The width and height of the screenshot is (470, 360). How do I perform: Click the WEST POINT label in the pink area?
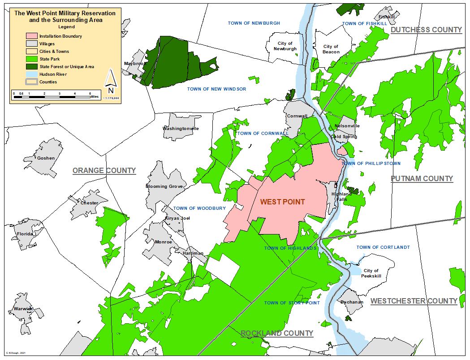click(x=282, y=202)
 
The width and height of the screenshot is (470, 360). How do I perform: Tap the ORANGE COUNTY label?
click(x=104, y=170)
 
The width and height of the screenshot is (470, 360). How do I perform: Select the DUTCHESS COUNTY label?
click(x=426, y=30)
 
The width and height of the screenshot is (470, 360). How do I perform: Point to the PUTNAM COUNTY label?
click(x=422, y=178)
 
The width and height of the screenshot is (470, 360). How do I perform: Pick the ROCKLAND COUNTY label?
click(x=277, y=333)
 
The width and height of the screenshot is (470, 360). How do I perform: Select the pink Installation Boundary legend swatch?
click(x=31, y=36)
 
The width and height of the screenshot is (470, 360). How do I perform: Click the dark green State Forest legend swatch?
click(x=31, y=67)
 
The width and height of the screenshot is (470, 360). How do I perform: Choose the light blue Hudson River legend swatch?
click(x=31, y=74)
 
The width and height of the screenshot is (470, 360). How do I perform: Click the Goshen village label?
click(x=46, y=158)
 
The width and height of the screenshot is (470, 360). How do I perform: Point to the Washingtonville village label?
click(x=181, y=129)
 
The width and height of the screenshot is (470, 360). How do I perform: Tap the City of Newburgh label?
click(x=285, y=46)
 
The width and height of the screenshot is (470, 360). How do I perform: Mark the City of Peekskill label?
click(x=371, y=273)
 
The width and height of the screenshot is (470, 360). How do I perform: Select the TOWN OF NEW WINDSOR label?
click(x=216, y=89)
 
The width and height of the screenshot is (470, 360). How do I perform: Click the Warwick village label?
click(x=23, y=309)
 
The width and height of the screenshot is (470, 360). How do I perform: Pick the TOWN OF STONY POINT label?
click(x=292, y=303)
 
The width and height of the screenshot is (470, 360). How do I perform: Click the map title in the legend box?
click(x=65, y=17)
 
